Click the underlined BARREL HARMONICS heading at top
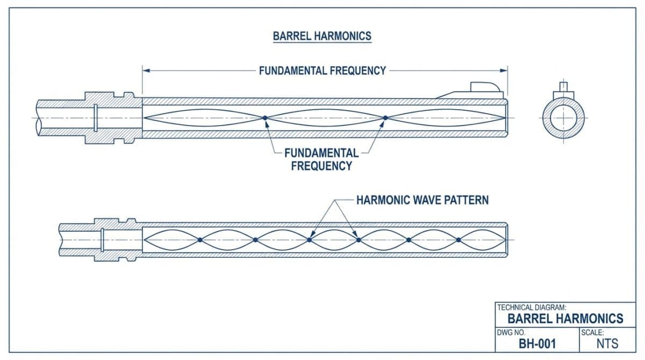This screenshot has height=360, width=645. pyautogui.click(x=322, y=36)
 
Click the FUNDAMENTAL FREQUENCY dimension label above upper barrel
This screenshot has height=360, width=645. pyautogui.click(x=322, y=70)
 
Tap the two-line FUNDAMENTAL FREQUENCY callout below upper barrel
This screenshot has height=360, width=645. pyautogui.click(x=321, y=159)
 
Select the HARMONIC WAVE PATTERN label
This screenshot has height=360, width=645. pyautogui.click(x=422, y=200)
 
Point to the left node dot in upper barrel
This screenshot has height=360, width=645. pyautogui.click(x=264, y=118)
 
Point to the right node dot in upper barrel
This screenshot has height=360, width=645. pyautogui.click(x=385, y=118)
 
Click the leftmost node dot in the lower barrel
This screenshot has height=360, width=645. pyautogui.click(x=199, y=240)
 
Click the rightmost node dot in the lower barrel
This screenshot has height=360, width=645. pyautogui.click(x=458, y=240)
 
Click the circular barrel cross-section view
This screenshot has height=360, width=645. pyautogui.click(x=563, y=118)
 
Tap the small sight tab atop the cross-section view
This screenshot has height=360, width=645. pyautogui.click(x=563, y=86)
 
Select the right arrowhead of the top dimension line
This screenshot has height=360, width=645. pyautogui.click(x=504, y=70)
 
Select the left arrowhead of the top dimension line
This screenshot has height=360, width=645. pyautogui.click(x=146, y=70)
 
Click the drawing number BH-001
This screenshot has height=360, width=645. pyautogui.click(x=537, y=343)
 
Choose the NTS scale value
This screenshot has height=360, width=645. pyautogui.click(x=607, y=343)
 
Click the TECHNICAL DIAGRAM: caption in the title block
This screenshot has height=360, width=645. pyautogui.click(x=532, y=308)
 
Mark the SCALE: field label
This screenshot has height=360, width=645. pyautogui.click(x=593, y=332)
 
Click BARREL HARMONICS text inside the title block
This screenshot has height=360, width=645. pyautogui.click(x=565, y=319)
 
